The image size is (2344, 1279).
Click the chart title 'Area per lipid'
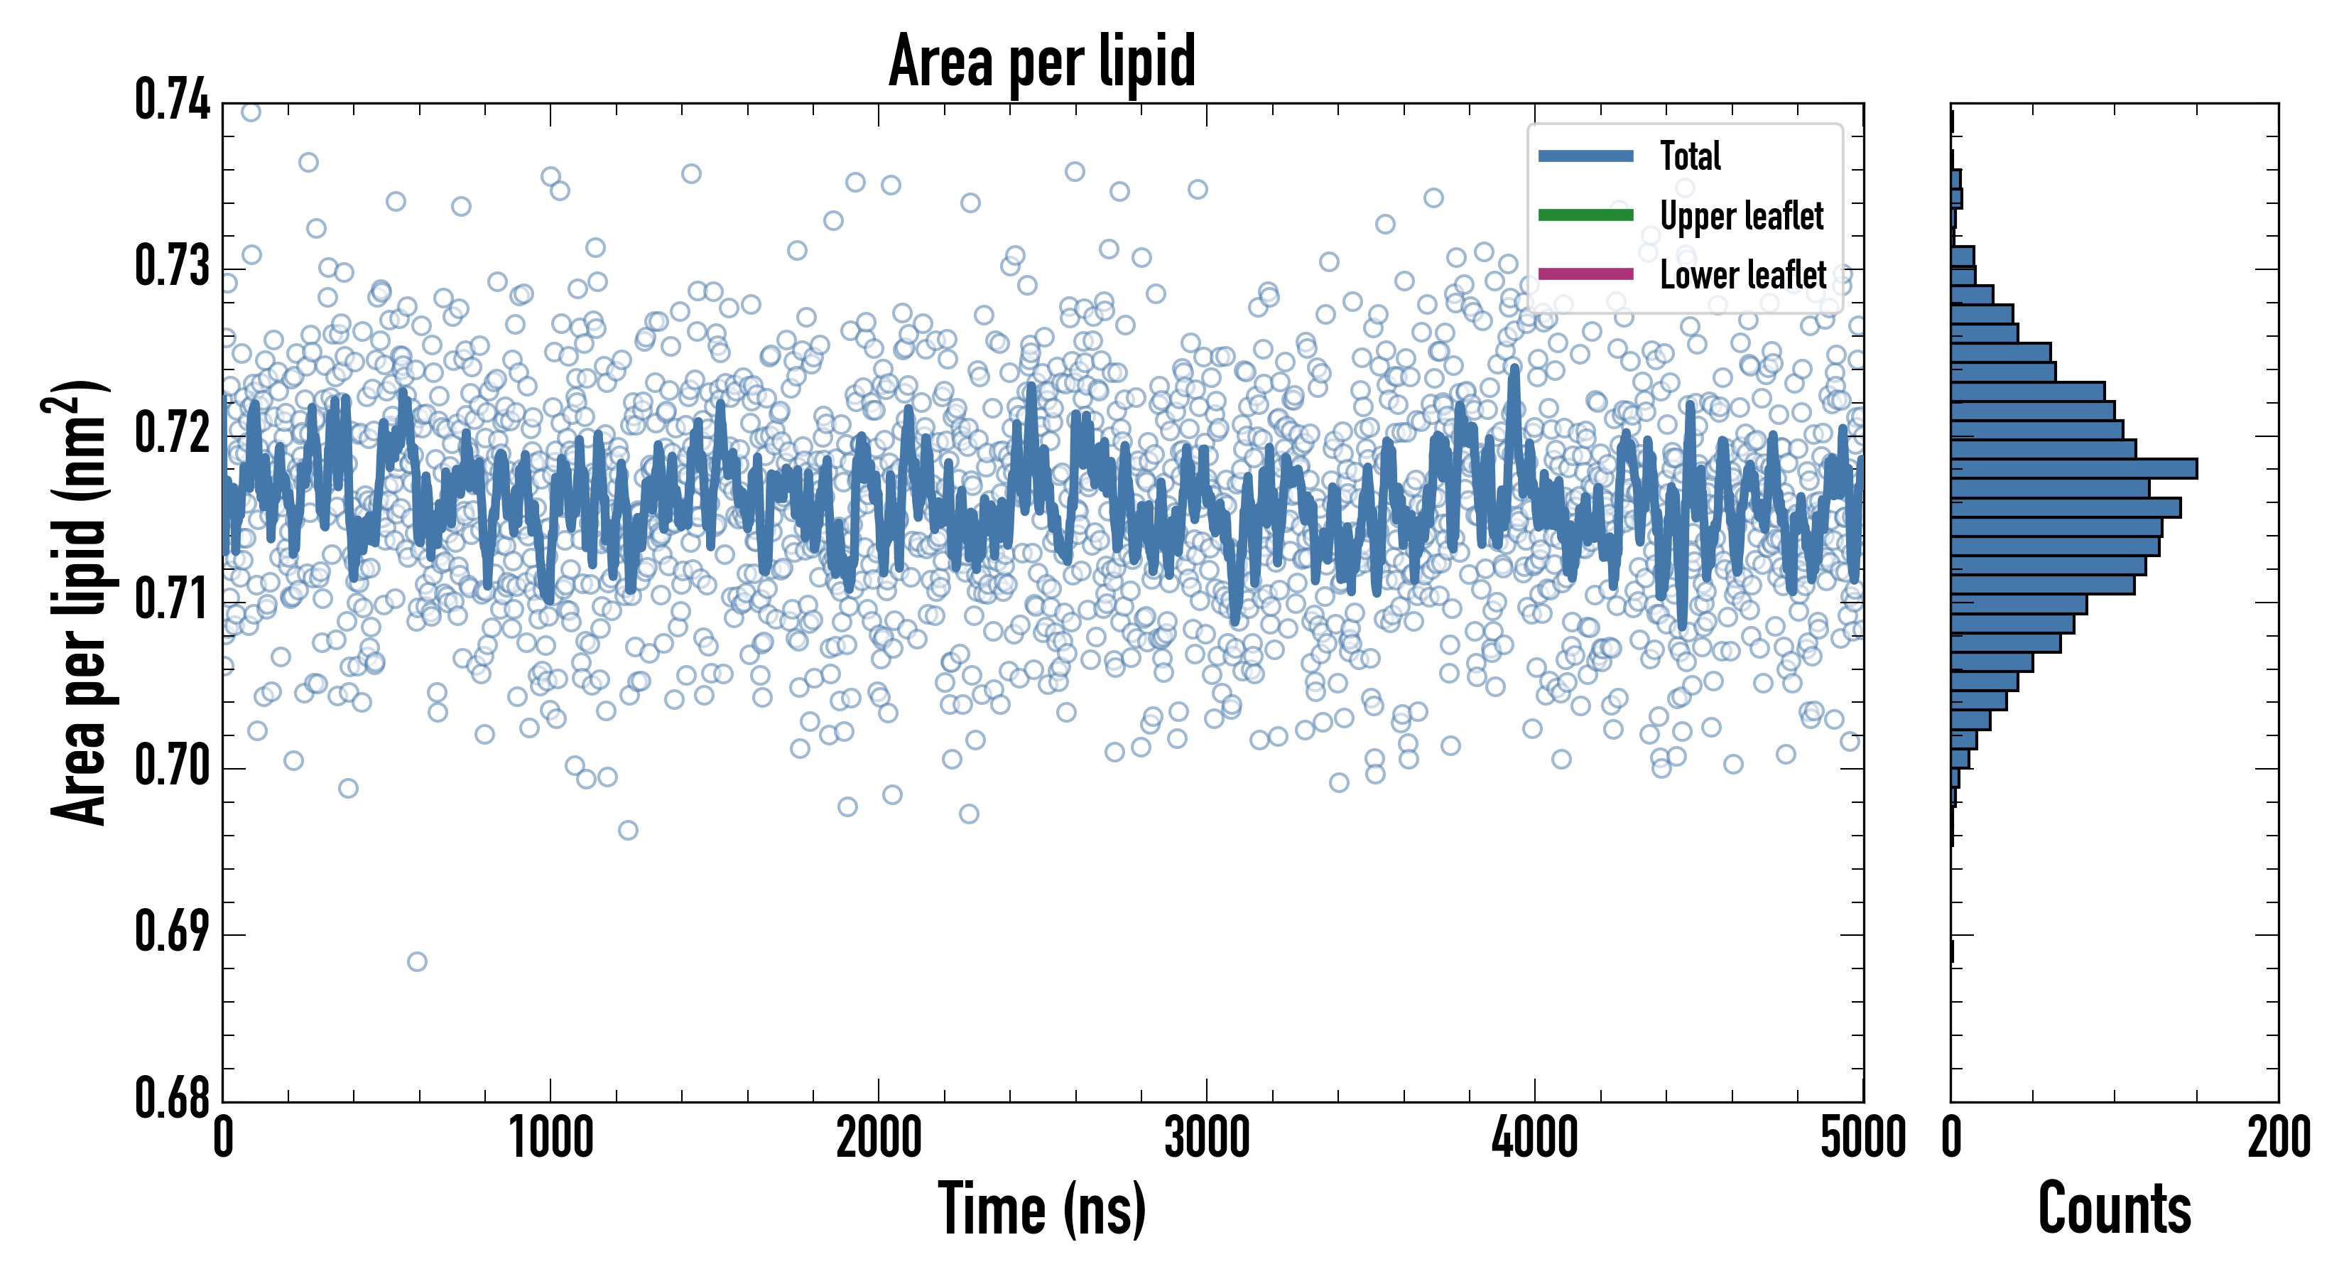coord(1042,61)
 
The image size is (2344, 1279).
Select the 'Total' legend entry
coord(1690,156)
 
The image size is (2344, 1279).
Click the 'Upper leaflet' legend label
coord(1741,216)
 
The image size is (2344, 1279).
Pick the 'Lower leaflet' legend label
coord(1742,274)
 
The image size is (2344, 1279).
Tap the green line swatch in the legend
coord(1585,215)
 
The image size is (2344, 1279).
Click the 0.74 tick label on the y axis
coord(172,100)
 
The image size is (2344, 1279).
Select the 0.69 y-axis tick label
coord(172,932)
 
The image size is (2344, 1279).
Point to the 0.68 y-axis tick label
coord(172,1097)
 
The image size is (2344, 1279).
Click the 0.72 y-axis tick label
coord(172,433)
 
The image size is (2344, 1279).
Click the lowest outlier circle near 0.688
coord(417,961)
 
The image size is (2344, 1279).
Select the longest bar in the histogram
coord(2074,469)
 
